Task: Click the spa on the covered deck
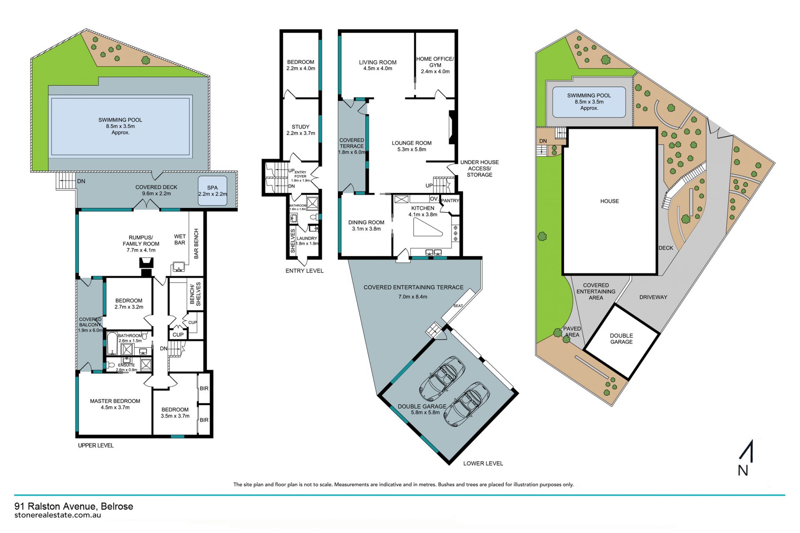[x=212, y=190]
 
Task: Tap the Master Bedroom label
[x=115, y=401]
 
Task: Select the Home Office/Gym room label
[x=435, y=62]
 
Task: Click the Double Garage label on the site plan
[x=621, y=339]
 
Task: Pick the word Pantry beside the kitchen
[x=450, y=200]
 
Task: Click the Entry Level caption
[x=305, y=271]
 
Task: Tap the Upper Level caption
[x=96, y=445]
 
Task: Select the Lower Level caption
[x=483, y=463]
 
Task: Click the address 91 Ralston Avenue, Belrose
[x=74, y=506]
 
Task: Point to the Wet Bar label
[x=180, y=240]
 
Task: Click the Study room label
[x=300, y=127]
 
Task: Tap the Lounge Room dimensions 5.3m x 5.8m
[x=412, y=150]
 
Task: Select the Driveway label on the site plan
[x=653, y=297]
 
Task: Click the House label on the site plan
[x=610, y=201]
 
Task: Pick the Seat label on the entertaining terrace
[x=458, y=306]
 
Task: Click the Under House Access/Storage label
[x=480, y=168]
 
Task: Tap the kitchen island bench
[x=427, y=227]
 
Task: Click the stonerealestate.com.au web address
[x=57, y=515]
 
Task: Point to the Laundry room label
[x=307, y=239]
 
